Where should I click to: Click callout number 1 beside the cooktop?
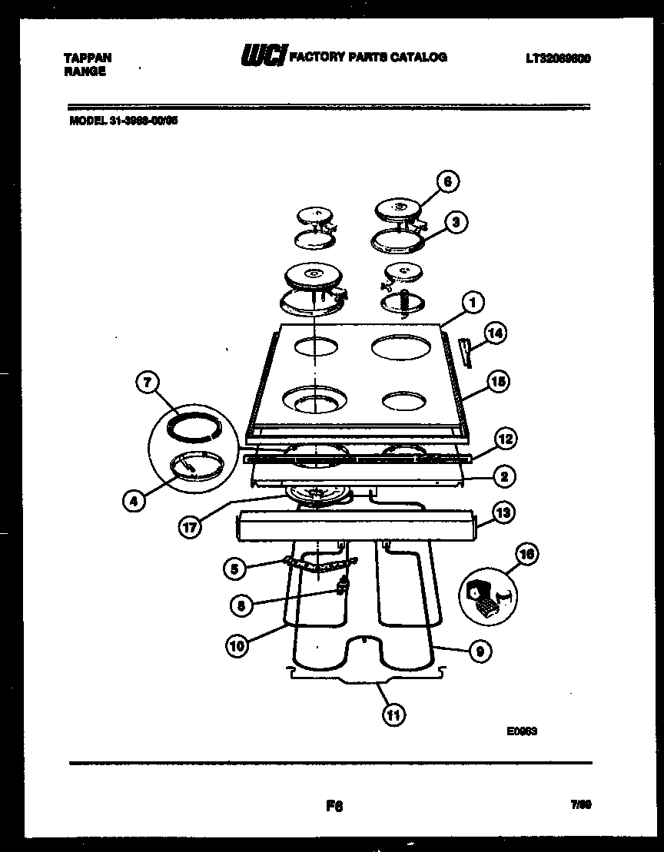point(473,303)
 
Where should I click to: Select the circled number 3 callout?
point(456,223)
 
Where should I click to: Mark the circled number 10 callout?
point(238,646)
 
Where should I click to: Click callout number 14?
point(496,333)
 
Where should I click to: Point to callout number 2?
point(503,476)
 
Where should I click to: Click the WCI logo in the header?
point(264,58)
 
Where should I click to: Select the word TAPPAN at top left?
point(87,58)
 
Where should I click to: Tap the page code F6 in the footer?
point(334,807)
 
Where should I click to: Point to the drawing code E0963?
point(521,731)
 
